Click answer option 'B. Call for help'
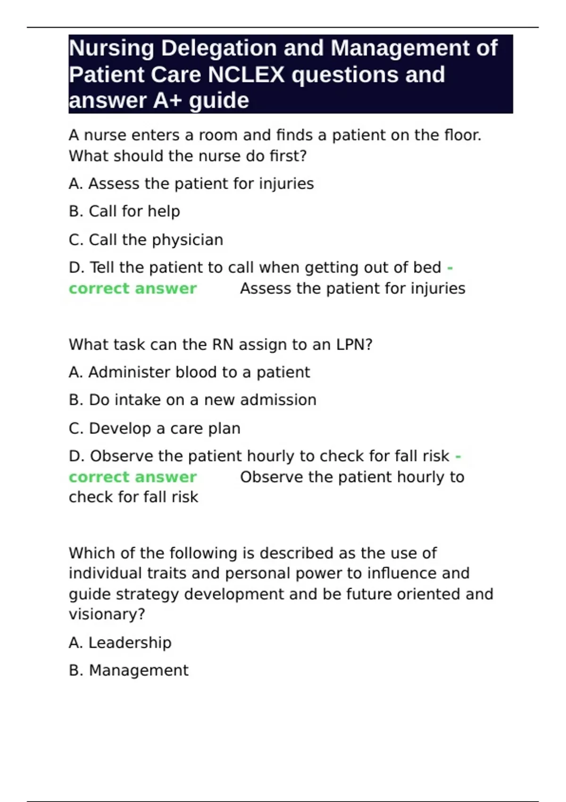(125, 211)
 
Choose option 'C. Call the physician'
(146, 240)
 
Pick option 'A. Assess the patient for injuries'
(191, 184)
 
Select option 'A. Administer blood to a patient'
(189, 372)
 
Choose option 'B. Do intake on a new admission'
(192, 400)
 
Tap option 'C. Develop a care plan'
(155, 428)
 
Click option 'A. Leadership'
(120, 643)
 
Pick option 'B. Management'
(129, 670)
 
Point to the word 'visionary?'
(107, 614)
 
